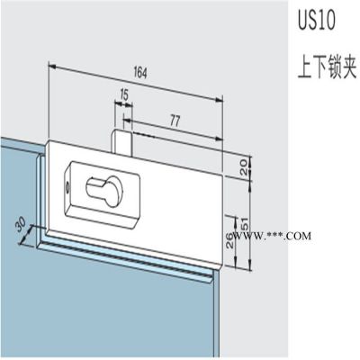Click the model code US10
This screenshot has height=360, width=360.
[316, 22]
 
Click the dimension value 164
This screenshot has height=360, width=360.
[140, 73]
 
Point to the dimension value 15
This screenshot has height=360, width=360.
[123, 94]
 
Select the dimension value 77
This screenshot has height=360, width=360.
[175, 121]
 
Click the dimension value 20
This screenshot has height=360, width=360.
[244, 167]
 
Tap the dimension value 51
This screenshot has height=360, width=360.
[245, 223]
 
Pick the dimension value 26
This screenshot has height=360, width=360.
[229, 240]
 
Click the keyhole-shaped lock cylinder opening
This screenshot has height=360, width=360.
[102, 191]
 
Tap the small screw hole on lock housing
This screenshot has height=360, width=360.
[68, 186]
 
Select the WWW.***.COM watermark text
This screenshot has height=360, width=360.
[272, 236]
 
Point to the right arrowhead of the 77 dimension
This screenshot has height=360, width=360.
[220, 139]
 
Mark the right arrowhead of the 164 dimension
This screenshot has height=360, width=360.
[220, 101]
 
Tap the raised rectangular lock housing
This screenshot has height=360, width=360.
[102, 192]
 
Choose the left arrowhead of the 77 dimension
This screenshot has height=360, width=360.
[128, 121]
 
